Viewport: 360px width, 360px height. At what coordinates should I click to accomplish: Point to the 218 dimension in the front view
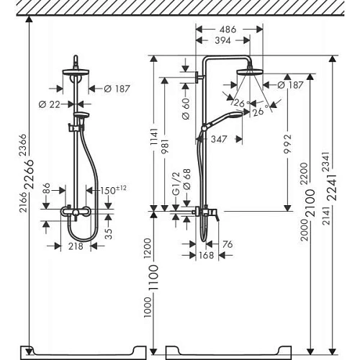(x=76, y=246)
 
